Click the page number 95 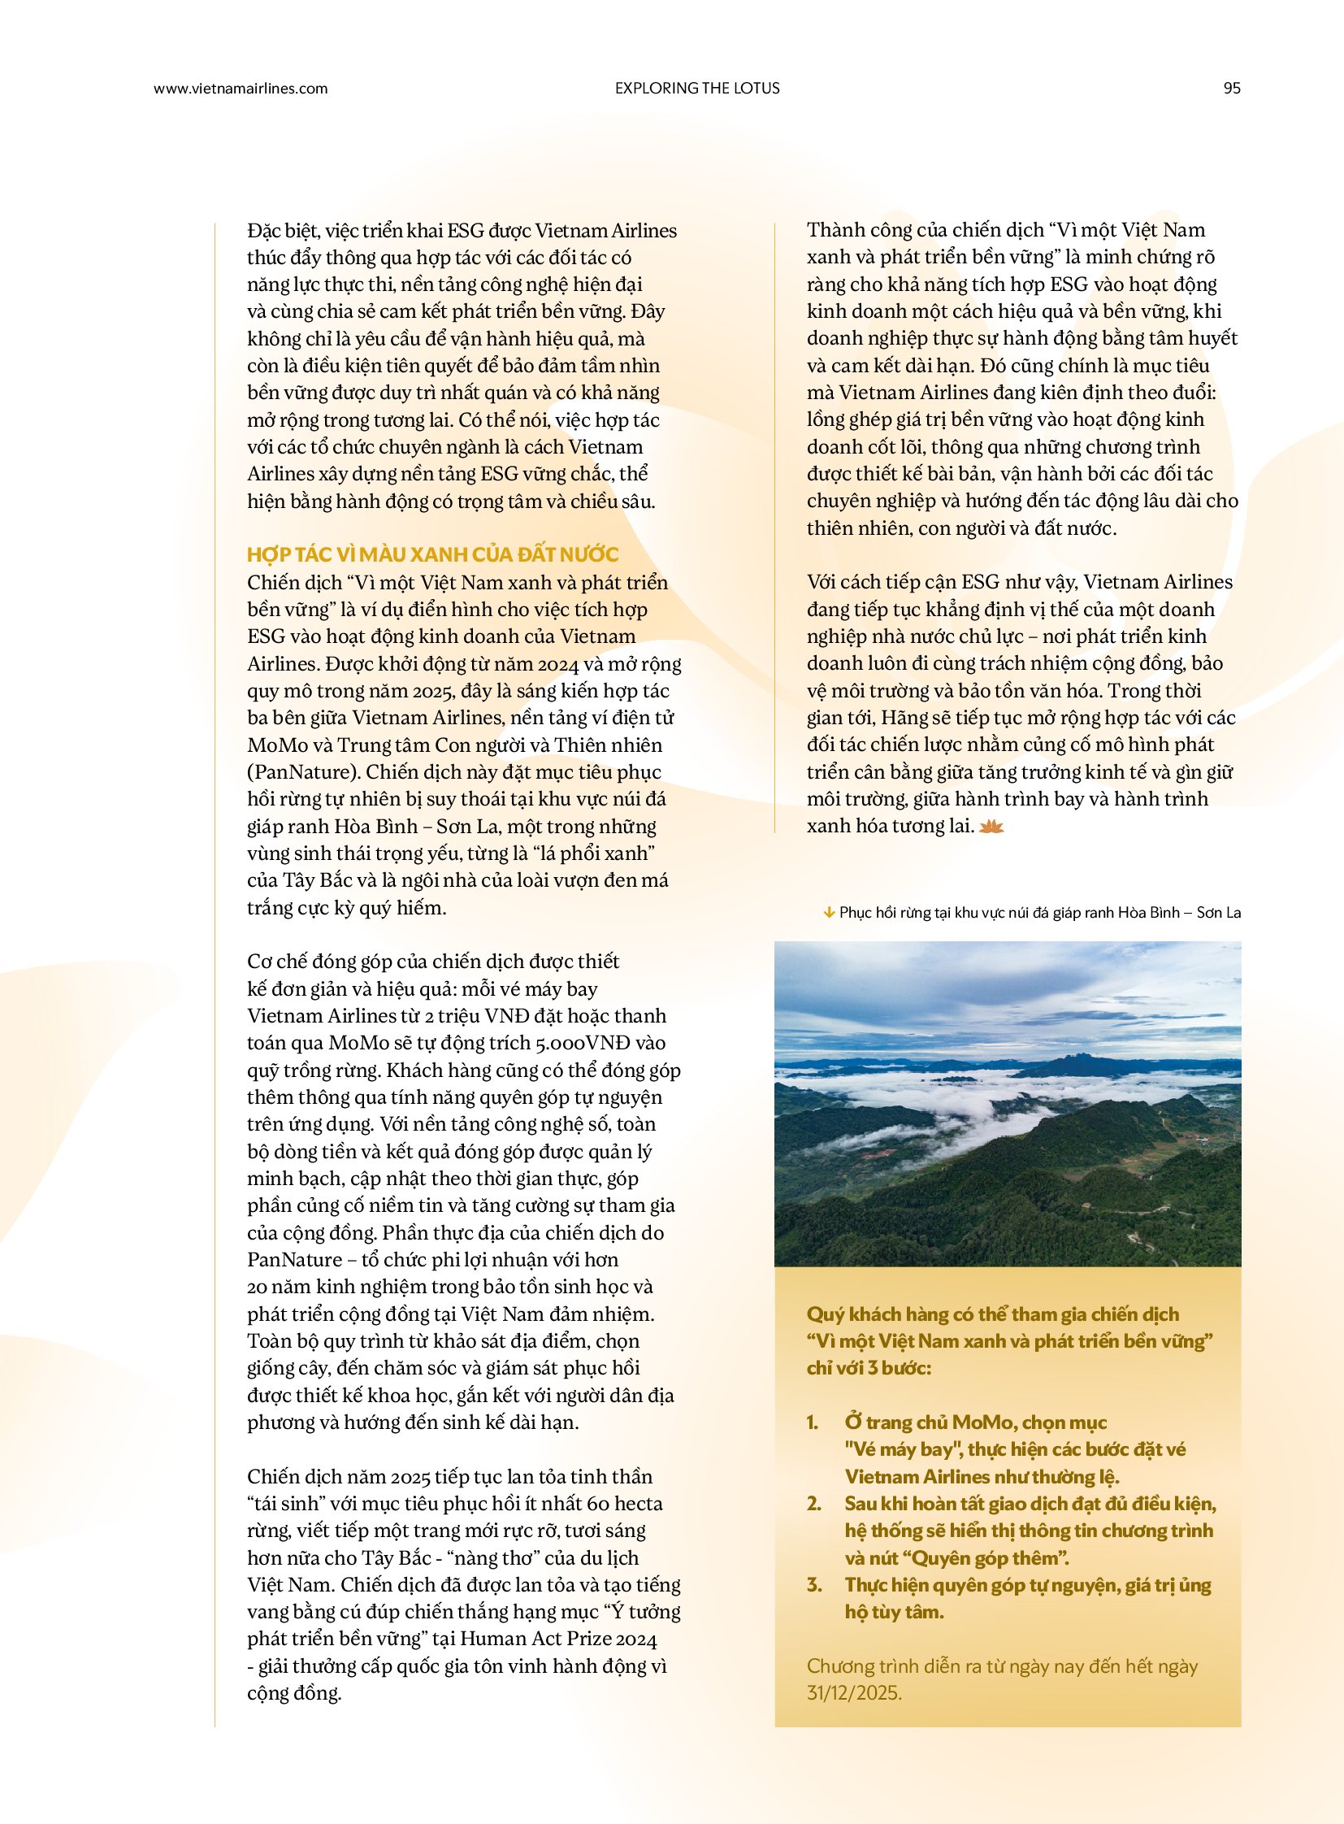(x=1232, y=89)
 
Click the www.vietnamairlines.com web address (x=240, y=89)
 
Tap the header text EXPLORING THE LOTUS (x=697, y=89)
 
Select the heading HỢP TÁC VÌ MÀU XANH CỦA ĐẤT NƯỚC (x=433, y=554)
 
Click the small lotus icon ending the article (x=991, y=827)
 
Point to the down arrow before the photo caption (x=829, y=913)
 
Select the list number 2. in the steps (x=814, y=1503)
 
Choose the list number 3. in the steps (x=814, y=1585)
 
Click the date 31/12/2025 (x=853, y=1693)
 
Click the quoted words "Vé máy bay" (x=898, y=1449)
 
